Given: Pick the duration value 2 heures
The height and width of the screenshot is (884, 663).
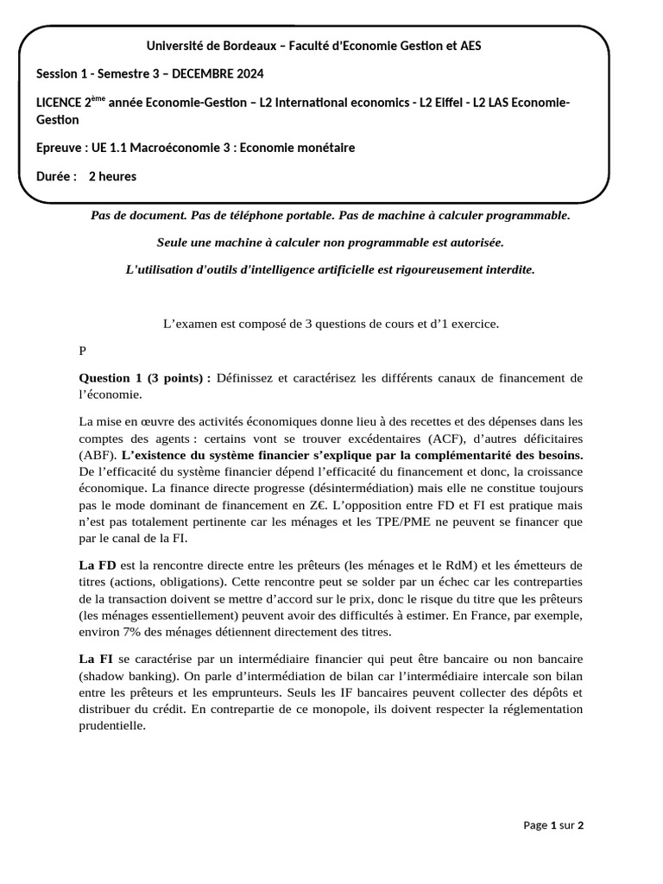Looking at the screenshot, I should point(112,176).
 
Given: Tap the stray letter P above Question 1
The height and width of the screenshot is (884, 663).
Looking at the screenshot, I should point(83,350).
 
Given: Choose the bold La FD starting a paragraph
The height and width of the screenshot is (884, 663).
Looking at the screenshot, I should point(97,565).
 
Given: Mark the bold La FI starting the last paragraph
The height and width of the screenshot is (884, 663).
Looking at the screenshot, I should point(96,660).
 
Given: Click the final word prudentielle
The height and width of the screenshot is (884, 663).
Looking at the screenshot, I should point(112,725).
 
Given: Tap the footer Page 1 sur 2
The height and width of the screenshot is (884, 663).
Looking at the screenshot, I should point(553,825).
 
